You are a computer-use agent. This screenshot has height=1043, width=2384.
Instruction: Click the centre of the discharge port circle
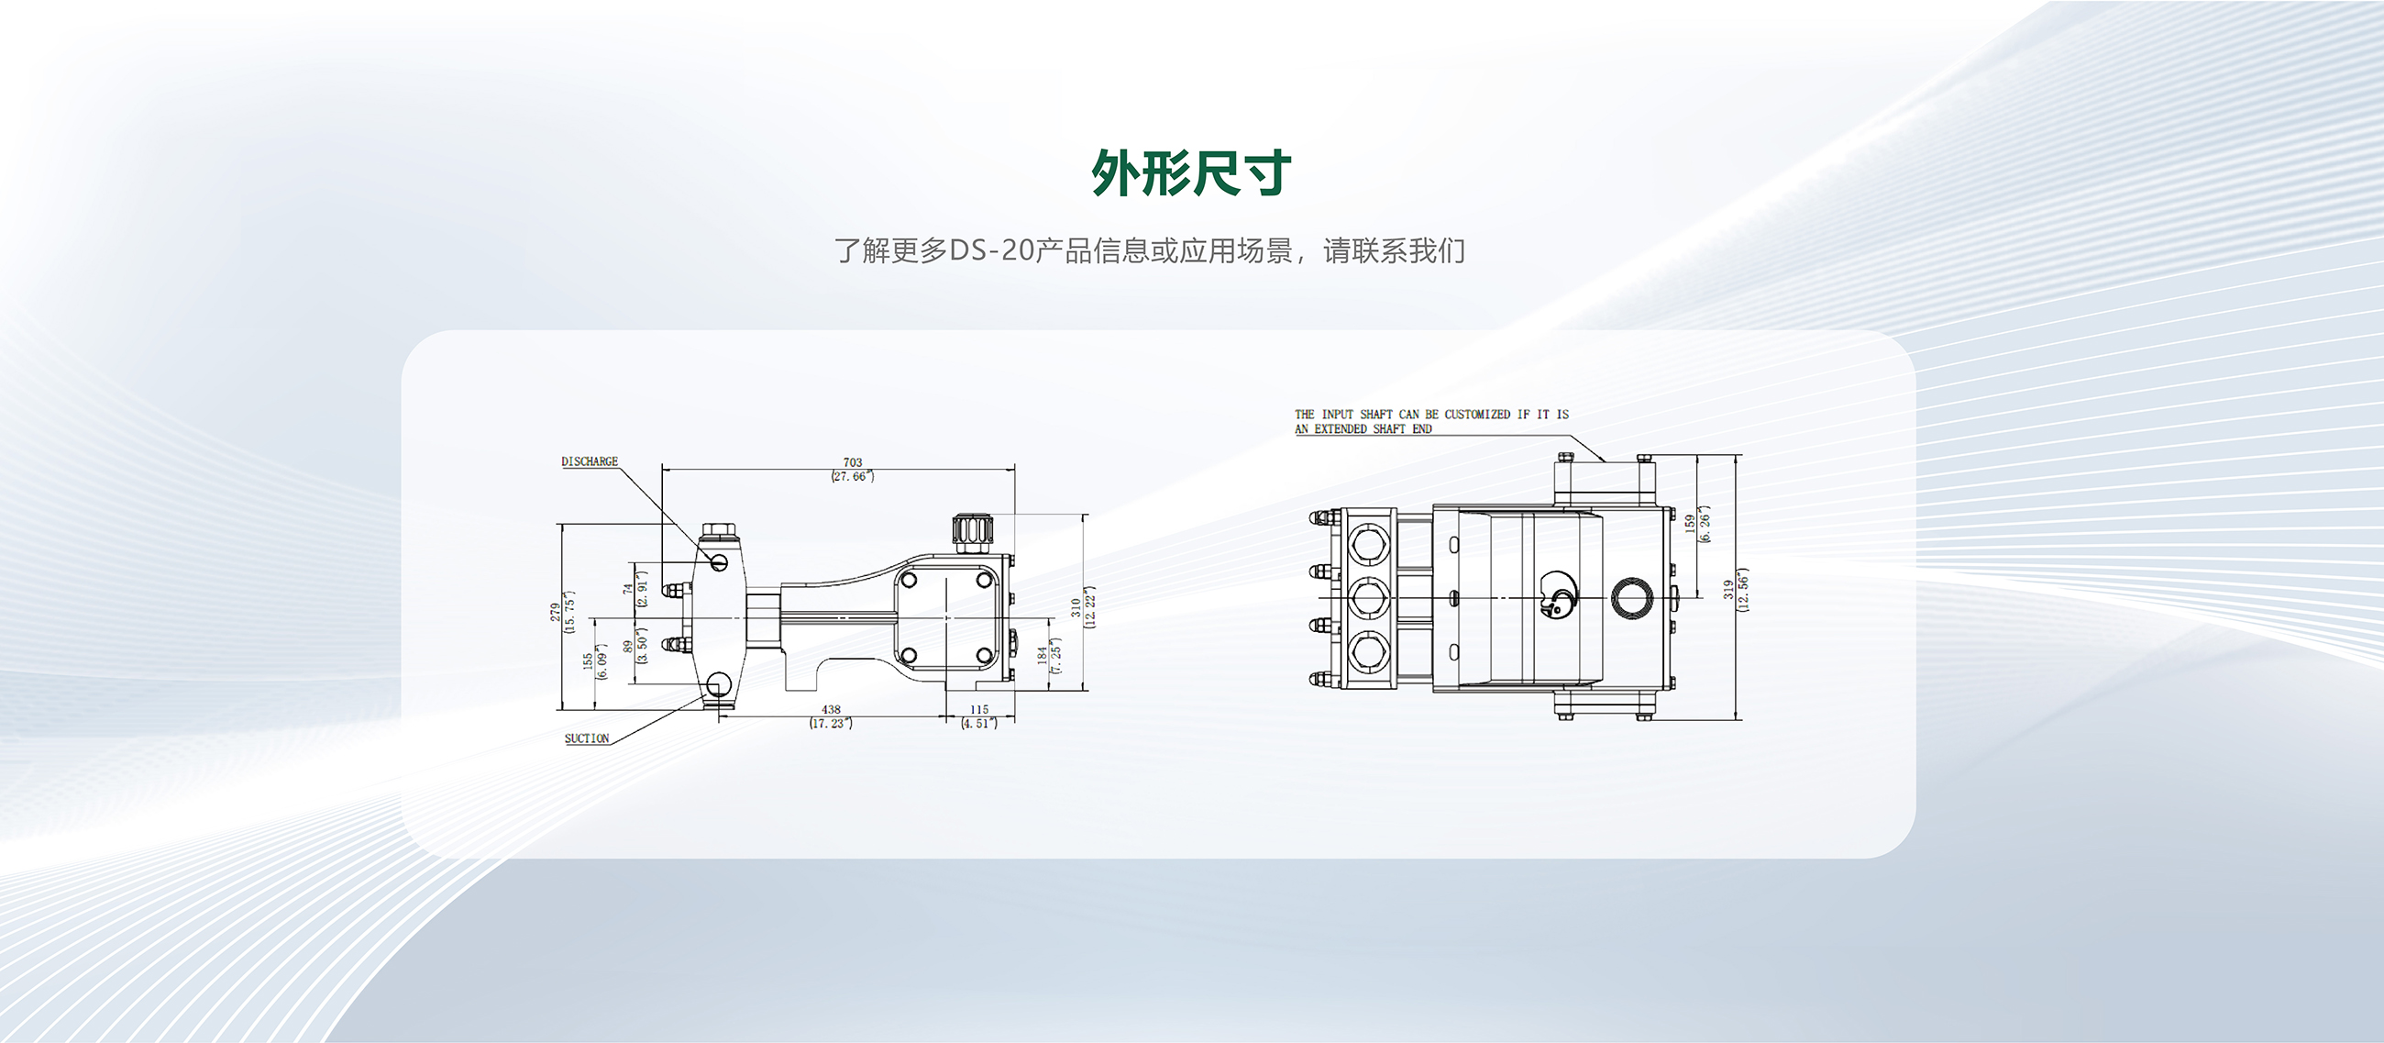tap(719, 560)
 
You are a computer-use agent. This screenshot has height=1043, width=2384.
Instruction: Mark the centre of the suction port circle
tap(718, 685)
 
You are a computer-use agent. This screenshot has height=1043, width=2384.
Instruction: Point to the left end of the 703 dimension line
tap(663, 469)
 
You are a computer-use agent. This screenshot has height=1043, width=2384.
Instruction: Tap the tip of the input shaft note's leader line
tap(1606, 460)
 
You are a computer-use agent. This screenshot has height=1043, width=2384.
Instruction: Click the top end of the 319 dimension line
tap(1735, 455)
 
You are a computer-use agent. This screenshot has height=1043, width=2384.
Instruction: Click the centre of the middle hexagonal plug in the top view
tap(1369, 597)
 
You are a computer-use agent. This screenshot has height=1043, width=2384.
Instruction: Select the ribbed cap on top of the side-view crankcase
tap(973, 530)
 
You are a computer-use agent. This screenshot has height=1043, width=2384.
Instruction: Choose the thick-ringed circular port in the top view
tap(1632, 598)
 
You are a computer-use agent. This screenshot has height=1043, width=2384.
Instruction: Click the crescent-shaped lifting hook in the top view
tap(1556, 594)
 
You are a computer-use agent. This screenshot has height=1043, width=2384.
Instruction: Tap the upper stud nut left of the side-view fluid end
tap(674, 589)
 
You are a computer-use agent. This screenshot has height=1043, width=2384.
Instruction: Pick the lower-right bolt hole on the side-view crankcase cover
tap(985, 656)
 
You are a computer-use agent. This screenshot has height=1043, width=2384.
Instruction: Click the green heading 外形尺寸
tap(1191, 173)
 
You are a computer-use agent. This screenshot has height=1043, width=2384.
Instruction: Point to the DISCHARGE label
tap(590, 461)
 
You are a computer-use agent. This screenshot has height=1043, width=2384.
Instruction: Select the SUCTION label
tap(587, 738)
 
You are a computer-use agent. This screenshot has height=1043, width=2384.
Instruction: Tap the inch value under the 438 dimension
tap(831, 723)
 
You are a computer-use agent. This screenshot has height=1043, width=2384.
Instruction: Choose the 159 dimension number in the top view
tap(1689, 524)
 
